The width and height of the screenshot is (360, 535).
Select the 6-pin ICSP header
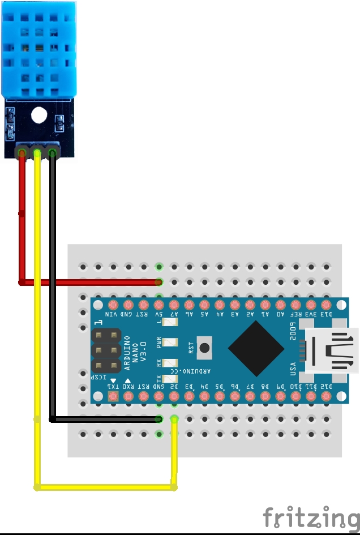pyautogui.click(x=106, y=351)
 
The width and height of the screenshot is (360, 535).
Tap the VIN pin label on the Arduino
pyautogui.click(x=112, y=315)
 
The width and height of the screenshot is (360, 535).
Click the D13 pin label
pyautogui.click(x=325, y=315)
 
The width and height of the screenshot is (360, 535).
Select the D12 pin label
pyautogui.click(x=325, y=386)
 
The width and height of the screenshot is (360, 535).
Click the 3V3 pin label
pyautogui.click(x=310, y=315)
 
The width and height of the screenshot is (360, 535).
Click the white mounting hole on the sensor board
pyautogui.click(x=38, y=115)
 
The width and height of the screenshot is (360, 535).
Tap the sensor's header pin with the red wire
pyautogui.click(x=22, y=152)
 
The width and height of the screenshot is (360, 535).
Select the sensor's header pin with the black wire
pyautogui.click(x=52, y=152)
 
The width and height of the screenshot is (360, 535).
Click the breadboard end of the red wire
pyautogui.click(x=159, y=281)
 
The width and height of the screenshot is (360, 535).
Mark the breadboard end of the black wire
pyautogui.click(x=159, y=420)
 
